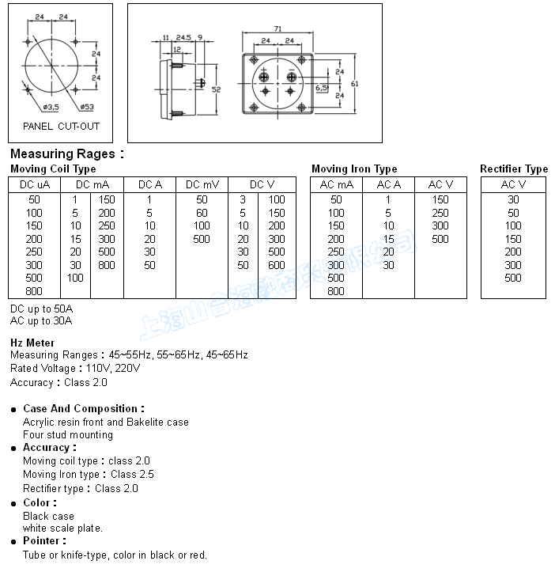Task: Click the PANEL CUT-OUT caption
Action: [x=61, y=126]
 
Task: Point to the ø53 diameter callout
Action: [x=87, y=106]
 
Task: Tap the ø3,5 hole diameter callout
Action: [x=50, y=106]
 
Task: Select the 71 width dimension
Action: [x=277, y=28]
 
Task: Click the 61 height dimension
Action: [x=355, y=83]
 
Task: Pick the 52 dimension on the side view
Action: [x=217, y=89]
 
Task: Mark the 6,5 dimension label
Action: [x=322, y=88]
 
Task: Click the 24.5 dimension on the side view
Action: [x=183, y=37]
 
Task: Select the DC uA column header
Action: [x=35, y=184]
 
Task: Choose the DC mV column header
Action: [x=202, y=184]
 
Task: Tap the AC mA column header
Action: [x=336, y=184]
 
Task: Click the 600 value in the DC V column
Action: [x=277, y=265]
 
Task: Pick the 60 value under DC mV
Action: [x=202, y=213]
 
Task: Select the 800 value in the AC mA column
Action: [x=336, y=291]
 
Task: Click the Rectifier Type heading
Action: [x=514, y=169]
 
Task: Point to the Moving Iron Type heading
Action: [x=354, y=169]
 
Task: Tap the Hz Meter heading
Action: [x=32, y=343]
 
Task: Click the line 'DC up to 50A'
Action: [x=41, y=308]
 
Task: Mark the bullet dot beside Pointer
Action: [x=15, y=542]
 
